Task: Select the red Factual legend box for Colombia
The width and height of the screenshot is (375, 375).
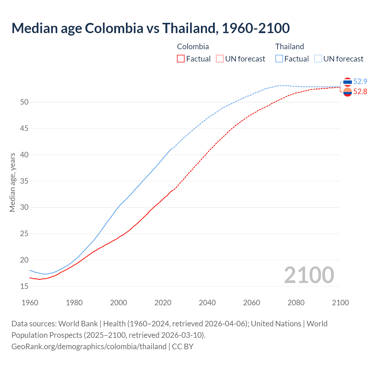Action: tap(181, 59)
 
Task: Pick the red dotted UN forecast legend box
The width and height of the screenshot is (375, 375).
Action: tap(220, 59)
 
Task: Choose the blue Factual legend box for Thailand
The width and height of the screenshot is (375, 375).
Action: tap(279, 59)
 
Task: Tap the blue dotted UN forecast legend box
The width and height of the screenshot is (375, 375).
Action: tap(318, 59)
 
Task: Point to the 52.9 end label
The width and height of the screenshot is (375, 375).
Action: tap(360, 81)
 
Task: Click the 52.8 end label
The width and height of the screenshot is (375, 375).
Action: tap(360, 92)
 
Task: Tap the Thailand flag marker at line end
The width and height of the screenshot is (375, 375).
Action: tap(347, 82)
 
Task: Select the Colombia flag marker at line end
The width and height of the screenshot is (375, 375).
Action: tap(347, 92)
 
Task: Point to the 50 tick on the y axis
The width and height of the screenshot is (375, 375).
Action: tap(24, 102)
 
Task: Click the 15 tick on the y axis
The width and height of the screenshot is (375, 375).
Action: tap(24, 286)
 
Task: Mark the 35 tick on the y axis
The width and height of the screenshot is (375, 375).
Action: tap(24, 181)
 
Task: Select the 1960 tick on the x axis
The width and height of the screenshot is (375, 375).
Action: tap(30, 303)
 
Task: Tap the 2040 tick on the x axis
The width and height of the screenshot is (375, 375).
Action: tap(207, 303)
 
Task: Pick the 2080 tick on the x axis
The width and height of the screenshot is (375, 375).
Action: tap(296, 303)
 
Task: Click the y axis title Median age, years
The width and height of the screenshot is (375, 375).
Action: tap(12, 182)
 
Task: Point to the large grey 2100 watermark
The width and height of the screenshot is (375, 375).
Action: tap(309, 275)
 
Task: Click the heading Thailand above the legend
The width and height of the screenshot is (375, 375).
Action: tap(289, 47)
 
